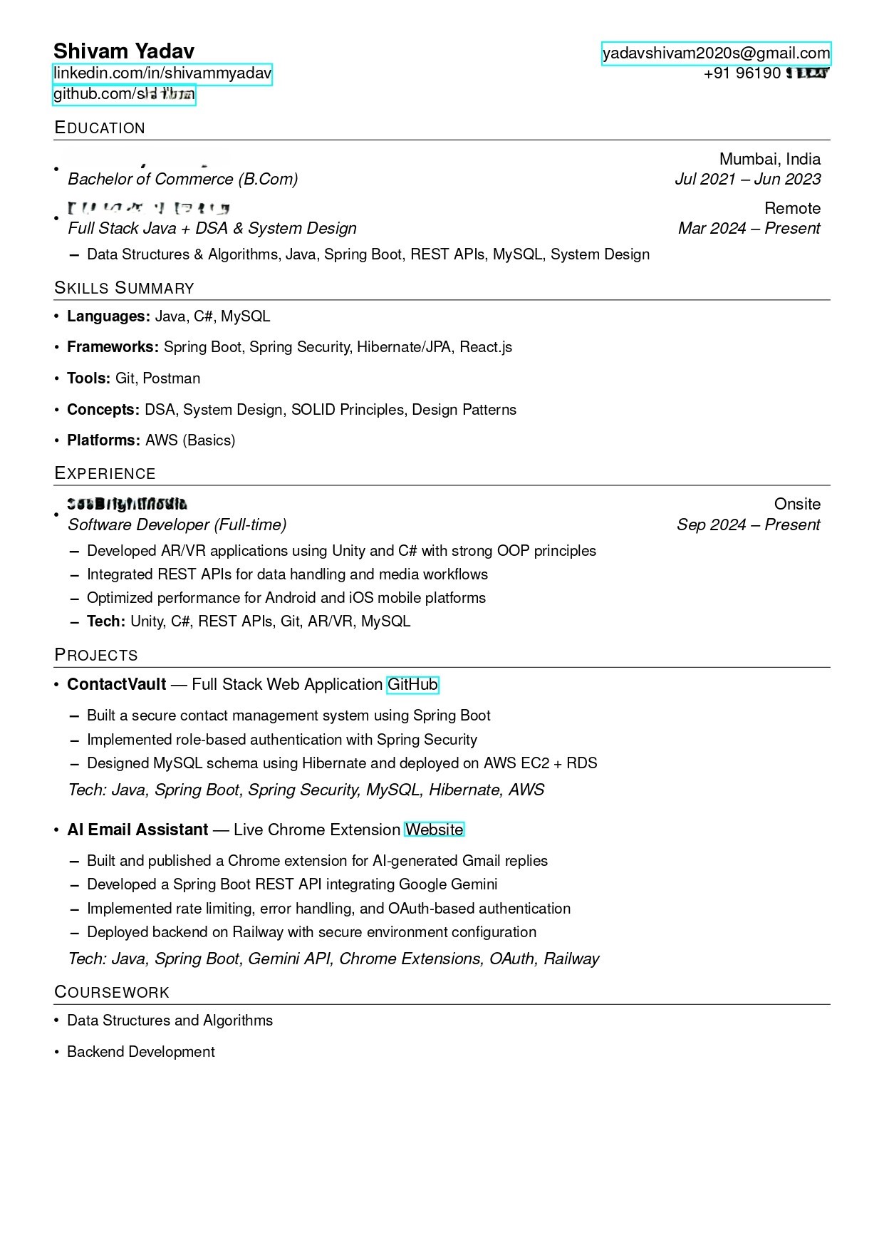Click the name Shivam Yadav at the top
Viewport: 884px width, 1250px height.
(x=123, y=51)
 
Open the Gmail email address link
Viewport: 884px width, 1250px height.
(x=716, y=53)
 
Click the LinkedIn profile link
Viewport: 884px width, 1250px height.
(x=162, y=73)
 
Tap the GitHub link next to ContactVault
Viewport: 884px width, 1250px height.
(x=412, y=685)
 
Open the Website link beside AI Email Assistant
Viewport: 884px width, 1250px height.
(x=434, y=830)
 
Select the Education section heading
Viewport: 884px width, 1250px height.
(x=100, y=128)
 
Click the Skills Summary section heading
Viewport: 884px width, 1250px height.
(x=124, y=289)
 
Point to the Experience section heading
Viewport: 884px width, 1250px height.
(x=105, y=474)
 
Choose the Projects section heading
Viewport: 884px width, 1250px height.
(x=96, y=656)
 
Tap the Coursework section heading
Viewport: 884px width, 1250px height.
(x=112, y=993)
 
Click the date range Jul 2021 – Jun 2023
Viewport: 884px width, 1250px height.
(x=747, y=180)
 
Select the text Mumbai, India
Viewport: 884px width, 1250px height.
(x=769, y=159)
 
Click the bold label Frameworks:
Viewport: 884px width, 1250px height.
(x=113, y=347)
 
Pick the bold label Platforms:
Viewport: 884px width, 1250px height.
(x=103, y=440)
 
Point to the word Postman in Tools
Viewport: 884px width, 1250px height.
(x=172, y=378)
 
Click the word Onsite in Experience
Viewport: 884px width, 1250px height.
(x=797, y=505)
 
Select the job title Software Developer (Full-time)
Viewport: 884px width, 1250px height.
(x=177, y=525)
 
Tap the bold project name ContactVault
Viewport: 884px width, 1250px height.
(x=116, y=685)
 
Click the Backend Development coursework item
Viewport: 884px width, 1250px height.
(x=140, y=1052)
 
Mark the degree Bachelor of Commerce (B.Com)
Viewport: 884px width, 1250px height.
(x=182, y=180)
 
